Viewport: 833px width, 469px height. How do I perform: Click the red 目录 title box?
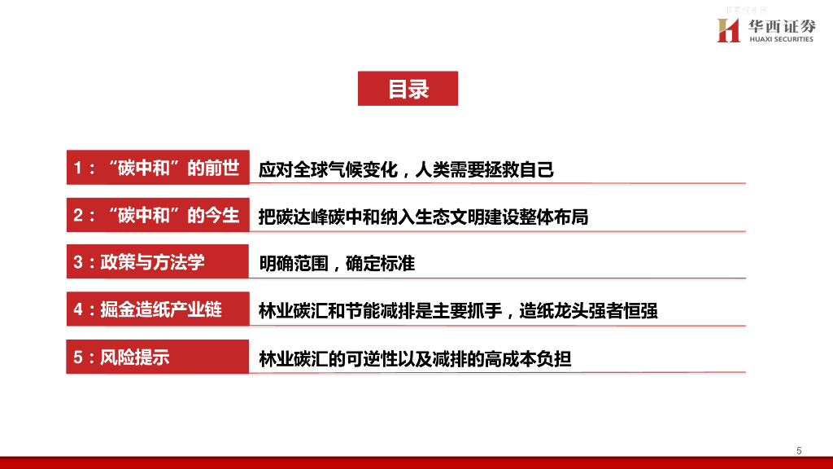click(408, 89)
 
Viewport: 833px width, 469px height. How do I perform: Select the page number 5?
click(799, 451)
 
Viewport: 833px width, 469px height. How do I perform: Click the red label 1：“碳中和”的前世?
click(157, 169)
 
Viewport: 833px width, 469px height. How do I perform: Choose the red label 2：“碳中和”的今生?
click(157, 216)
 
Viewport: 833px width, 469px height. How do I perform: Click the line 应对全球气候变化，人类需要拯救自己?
click(406, 170)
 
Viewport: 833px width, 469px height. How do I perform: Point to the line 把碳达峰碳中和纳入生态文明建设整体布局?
click(423, 217)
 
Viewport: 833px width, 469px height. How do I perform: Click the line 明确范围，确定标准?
click(337, 264)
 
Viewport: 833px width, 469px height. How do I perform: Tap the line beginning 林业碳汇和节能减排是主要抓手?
click(457, 311)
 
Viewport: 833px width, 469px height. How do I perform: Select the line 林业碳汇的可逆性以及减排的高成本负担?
click(415, 358)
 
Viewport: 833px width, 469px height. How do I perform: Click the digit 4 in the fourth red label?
click(78, 310)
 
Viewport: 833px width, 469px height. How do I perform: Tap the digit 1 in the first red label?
click(78, 169)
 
